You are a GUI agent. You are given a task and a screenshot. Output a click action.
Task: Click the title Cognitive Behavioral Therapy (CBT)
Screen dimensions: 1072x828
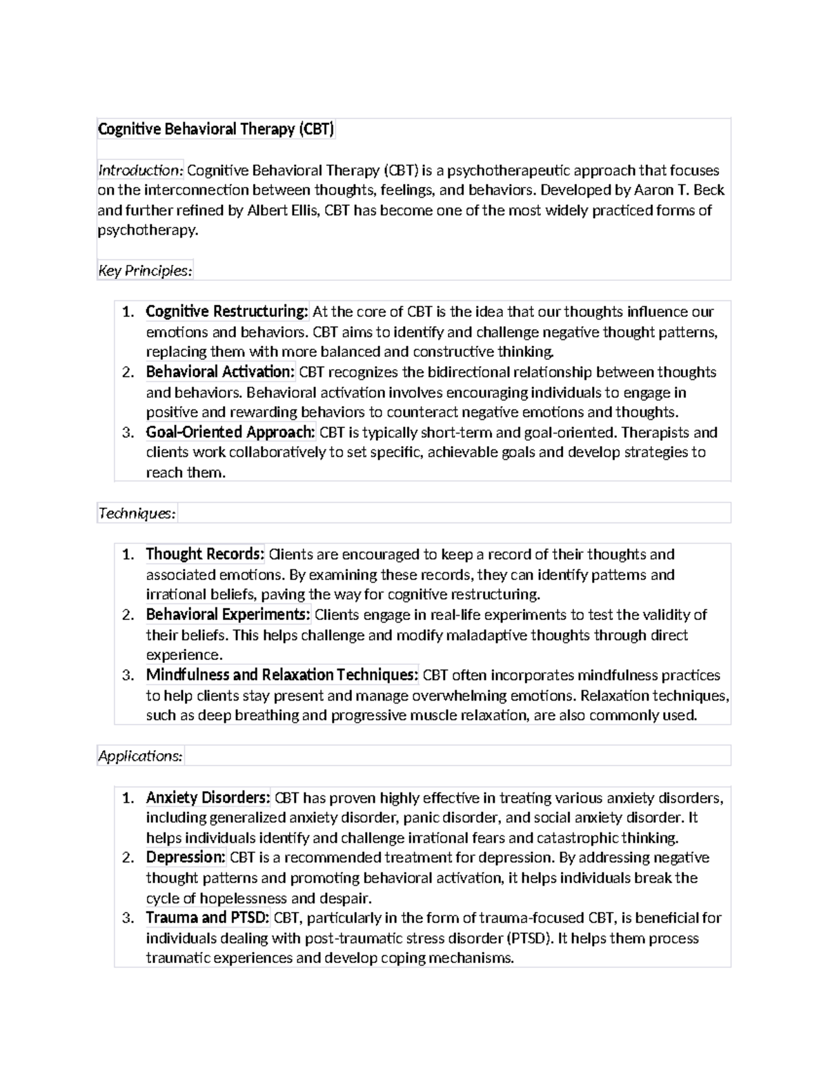coord(216,129)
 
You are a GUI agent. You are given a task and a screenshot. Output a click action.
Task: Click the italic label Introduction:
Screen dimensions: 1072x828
coord(141,170)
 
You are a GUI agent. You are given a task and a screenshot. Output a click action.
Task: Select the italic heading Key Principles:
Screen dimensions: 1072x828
coord(145,271)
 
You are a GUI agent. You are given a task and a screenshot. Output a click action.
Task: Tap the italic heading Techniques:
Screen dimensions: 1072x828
coord(137,513)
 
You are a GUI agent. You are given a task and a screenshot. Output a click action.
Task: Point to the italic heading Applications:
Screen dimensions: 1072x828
coord(141,756)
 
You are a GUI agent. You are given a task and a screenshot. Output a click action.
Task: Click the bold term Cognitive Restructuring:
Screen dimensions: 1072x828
coord(227,311)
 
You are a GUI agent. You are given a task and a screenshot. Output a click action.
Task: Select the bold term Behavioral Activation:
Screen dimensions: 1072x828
coord(220,372)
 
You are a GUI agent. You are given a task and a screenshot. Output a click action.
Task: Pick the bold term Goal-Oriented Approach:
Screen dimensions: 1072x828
coord(230,432)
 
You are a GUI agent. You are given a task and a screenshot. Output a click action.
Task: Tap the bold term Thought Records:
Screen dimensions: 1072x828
coord(205,554)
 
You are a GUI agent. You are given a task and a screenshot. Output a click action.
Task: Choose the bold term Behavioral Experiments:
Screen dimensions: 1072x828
coord(228,614)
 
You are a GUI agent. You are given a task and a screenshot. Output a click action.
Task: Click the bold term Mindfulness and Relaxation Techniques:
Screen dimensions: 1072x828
coord(282,674)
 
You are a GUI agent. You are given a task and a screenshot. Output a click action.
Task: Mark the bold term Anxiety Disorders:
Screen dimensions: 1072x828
coord(208,798)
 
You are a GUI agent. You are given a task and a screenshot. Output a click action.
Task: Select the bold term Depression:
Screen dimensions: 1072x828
coord(186,857)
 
